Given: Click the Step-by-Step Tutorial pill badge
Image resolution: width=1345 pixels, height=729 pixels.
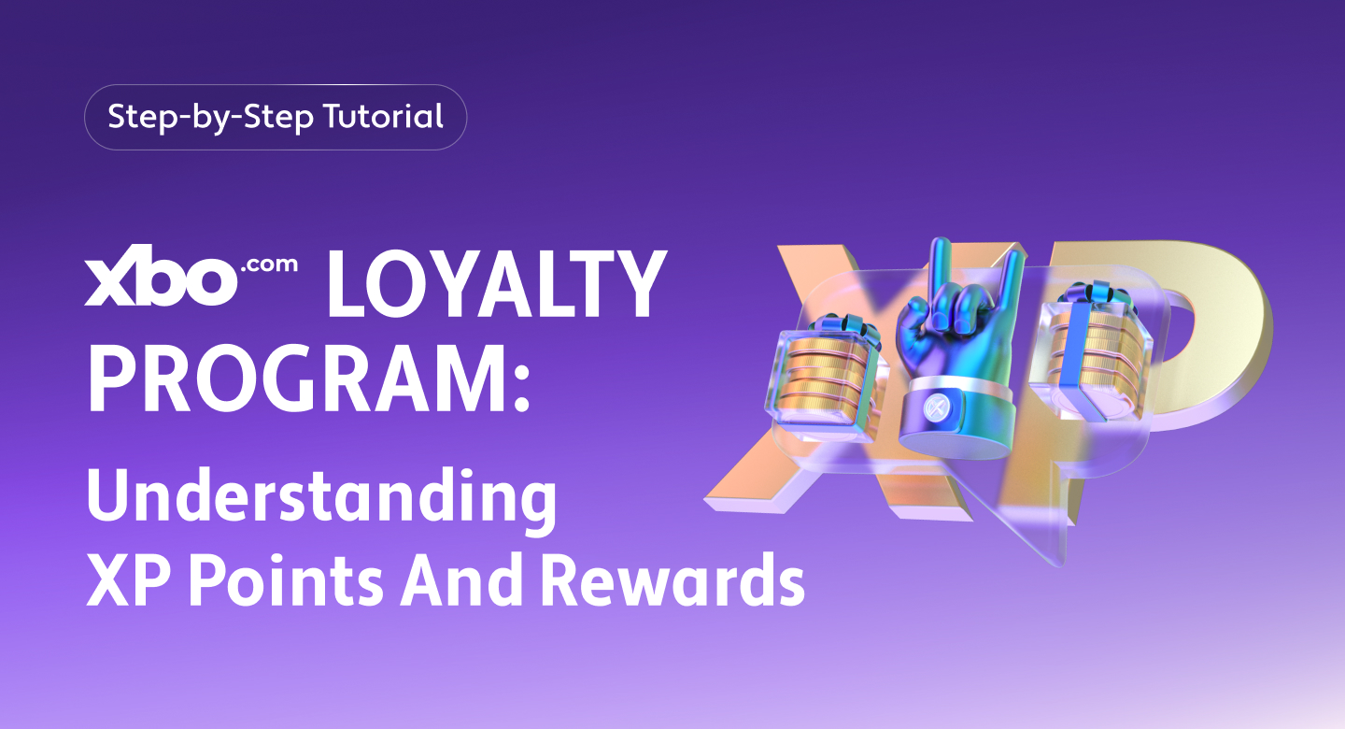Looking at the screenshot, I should [276, 118].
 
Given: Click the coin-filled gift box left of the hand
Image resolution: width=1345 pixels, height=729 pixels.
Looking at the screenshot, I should [826, 374].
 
